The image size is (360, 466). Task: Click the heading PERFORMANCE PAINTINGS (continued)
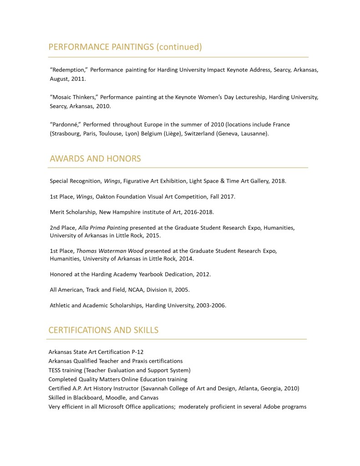125,47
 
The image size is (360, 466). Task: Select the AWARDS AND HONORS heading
95,159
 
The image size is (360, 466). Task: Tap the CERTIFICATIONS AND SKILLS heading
103,330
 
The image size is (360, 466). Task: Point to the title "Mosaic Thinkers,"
73,97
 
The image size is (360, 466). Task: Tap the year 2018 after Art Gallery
278,181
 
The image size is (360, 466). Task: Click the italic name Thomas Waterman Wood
106,251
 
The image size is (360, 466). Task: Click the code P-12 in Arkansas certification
137,352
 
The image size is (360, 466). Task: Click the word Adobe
271,406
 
